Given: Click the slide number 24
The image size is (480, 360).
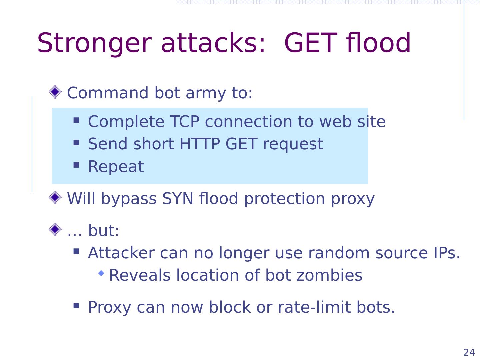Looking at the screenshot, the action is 469,352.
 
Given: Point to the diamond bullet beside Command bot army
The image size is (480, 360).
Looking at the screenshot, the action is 55,92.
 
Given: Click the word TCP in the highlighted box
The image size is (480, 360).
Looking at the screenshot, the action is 184,122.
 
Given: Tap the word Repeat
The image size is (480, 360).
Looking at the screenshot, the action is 116,166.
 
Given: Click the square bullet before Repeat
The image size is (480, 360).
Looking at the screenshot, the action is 76,165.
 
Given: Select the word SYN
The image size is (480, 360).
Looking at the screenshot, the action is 178,199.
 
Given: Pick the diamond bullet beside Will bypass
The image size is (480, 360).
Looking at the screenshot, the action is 55,198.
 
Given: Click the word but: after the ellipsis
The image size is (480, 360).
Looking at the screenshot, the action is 104,230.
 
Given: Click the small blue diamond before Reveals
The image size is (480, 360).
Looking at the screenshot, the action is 101,273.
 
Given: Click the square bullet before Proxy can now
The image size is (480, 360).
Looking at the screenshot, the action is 76,305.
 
